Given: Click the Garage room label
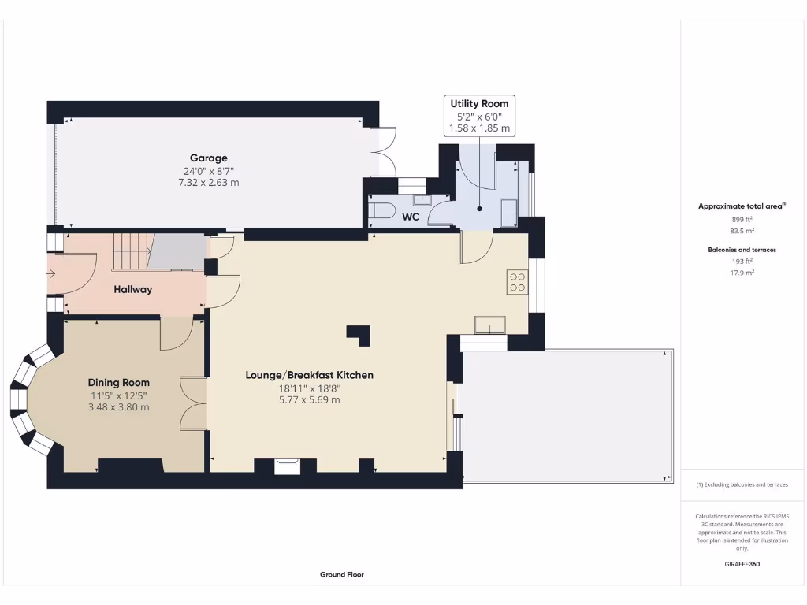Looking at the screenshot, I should (x=208, y=158).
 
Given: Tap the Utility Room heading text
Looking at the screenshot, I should (x=479, y=103).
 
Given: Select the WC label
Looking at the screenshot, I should (x=411, y=216).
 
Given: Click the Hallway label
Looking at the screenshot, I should (x=133, y=289).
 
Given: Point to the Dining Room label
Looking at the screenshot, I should (x=118, y=383).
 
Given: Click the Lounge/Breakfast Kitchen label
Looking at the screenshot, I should (x=309, y=375).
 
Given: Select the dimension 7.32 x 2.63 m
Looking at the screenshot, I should (x=208, y=182).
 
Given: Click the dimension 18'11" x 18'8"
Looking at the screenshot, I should (x=309, y=388).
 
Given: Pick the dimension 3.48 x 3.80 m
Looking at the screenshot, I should (x=118, y=407).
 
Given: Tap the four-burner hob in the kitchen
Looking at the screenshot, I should (x=518, y=281).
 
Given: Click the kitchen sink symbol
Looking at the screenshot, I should (x=489, y=325).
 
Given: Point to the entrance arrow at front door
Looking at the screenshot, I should (x=51, y=274).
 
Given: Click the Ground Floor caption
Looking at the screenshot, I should (x=342, y=575).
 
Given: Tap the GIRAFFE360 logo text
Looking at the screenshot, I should (x=742, y=564).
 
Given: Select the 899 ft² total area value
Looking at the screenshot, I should (x=742, y=220).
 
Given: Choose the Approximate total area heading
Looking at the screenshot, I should (x=740, y=206).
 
